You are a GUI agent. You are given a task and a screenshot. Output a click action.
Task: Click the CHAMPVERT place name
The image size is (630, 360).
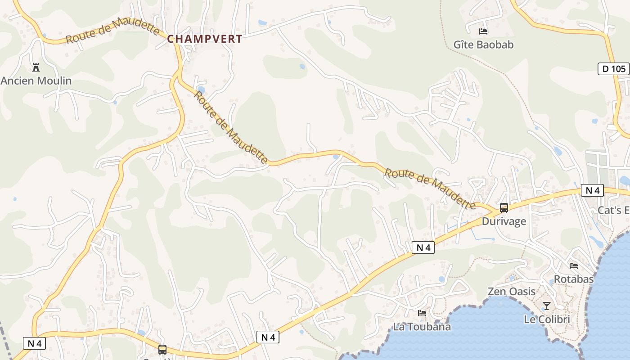[x=205, y=39]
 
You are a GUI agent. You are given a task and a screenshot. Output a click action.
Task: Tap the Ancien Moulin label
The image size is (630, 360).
[x=36, y=81]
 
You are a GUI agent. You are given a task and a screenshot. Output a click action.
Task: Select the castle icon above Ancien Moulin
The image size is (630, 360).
[x=36, y=68]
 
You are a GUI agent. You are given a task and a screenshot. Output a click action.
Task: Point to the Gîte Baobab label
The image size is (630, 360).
[x=483, y=45]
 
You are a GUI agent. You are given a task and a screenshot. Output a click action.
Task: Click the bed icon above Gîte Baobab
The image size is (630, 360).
[x=483, y=31]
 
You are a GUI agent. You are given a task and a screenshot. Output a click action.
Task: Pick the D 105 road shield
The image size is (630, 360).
[x=614, y=69]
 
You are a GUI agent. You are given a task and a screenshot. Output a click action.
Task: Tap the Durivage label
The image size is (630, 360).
[x=504, y=221]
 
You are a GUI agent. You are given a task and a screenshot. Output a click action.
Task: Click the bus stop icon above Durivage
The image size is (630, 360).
[x=504, y=208]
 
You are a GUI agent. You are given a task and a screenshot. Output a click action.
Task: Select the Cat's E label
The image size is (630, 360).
[x=613, y=210]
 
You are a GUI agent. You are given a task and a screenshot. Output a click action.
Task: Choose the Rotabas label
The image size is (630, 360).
[x=574, y=279]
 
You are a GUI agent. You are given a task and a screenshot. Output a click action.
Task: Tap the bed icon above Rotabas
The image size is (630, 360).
[x=574, y=266]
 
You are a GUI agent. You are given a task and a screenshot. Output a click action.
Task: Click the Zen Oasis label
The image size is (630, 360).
[x=512, y=292]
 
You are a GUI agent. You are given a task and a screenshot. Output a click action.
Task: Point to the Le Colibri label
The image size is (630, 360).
[x=547, y=319]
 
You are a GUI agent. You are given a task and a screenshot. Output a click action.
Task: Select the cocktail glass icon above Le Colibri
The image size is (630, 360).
[x=547, y=306]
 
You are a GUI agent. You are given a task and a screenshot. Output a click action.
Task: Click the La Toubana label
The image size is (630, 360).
[x=422, y=327]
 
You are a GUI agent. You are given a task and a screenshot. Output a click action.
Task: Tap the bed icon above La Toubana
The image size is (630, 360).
[x=422, y=313]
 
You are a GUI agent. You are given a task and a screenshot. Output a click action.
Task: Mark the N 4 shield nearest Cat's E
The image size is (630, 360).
[x=592, y=190]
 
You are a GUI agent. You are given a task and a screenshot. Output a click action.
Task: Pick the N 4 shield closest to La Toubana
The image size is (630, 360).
[x=423, y=247]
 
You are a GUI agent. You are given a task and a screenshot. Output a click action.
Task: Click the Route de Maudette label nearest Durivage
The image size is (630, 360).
[x=430, y=188]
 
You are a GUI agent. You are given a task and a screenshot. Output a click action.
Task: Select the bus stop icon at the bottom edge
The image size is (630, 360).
[x=162, y=350]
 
